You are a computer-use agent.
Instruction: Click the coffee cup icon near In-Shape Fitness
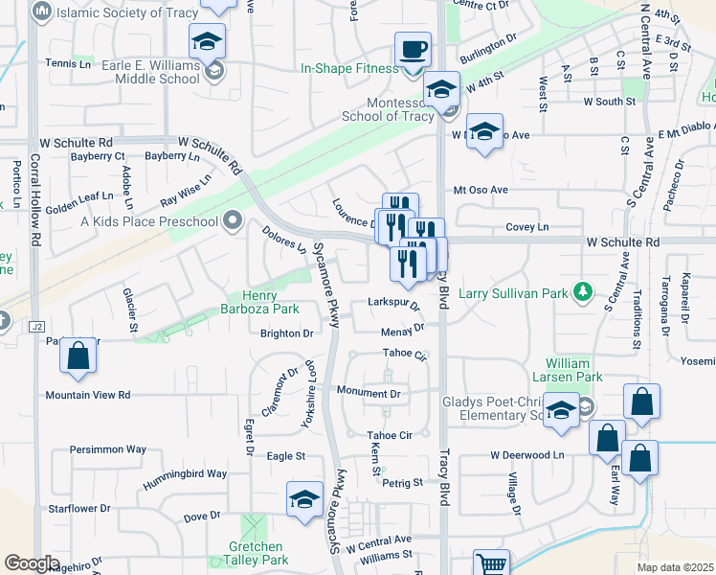point(413,49)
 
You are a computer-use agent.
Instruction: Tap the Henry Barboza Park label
point(271,302)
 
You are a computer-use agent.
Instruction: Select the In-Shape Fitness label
point(349,69)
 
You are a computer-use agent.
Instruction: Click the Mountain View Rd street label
point(88,395)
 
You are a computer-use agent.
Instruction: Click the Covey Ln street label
point(527,227)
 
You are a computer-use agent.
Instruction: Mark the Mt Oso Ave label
point(481,190)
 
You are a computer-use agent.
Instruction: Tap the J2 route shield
point(38,326)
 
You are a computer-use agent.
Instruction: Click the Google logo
point(32,563)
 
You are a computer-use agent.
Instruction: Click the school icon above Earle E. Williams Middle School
point(205,42)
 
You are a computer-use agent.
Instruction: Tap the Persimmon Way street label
point(108,448)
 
